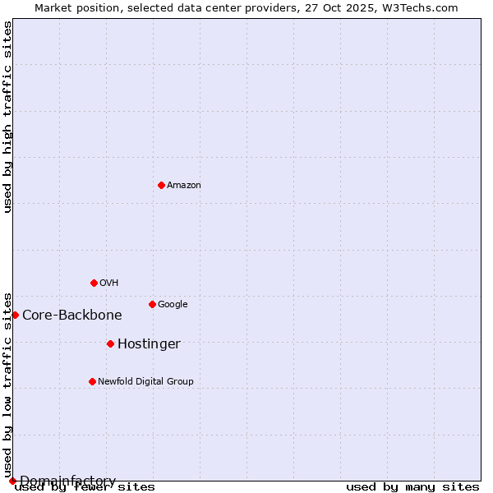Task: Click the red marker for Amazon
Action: click(161, 185)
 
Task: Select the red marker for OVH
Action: click(94, 283)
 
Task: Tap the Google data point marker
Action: click(152, 304)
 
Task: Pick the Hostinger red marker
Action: click(110, 343)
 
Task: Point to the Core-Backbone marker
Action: click(15, 315)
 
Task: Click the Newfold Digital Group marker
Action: click(92, 381)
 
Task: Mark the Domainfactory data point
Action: click(12, 481)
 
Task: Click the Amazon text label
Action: click(184, 186)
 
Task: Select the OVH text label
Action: click(109, 283)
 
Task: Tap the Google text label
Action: click(173, 305)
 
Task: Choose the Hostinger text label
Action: click(149, 344)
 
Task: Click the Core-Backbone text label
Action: click(72, 316)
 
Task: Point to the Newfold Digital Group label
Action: click(145, 382)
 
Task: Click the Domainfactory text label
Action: click(67, 481)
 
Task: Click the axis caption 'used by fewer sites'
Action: click(85, 487)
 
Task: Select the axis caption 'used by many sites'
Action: click(412, 487)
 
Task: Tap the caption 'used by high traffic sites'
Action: click(8, 117)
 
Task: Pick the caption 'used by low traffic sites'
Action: click(8, 385)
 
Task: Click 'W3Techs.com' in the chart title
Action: click(423, 8)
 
